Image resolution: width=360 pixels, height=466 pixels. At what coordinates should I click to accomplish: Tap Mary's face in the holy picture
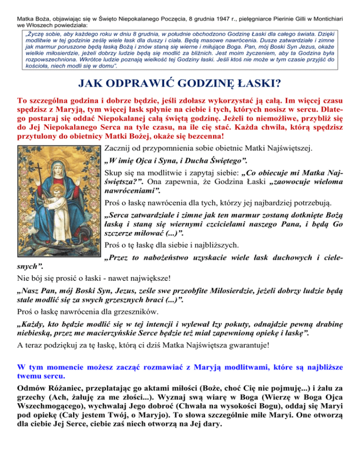57,169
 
